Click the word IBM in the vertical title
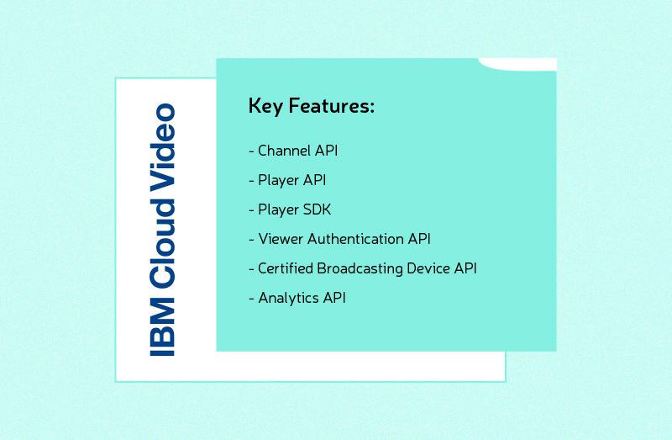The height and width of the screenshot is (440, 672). [x=162, y=330]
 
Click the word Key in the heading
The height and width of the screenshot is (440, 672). [x=265, y=107]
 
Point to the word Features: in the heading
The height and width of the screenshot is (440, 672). [x=332, y=107]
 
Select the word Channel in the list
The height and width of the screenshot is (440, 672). [x=285, y=151]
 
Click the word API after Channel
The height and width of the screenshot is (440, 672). [x=326, y=151]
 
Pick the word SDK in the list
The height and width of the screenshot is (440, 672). [x=317, y=209]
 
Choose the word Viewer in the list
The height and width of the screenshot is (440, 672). [x=281, y=239]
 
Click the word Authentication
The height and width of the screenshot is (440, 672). [x=355, y=239]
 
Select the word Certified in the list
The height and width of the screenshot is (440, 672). [x=286, y=268]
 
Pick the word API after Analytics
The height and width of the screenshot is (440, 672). [x=334, y=298]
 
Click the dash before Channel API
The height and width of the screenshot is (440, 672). [x=251, y=152]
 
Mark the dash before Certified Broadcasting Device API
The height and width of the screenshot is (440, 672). [x=251, y=269]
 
